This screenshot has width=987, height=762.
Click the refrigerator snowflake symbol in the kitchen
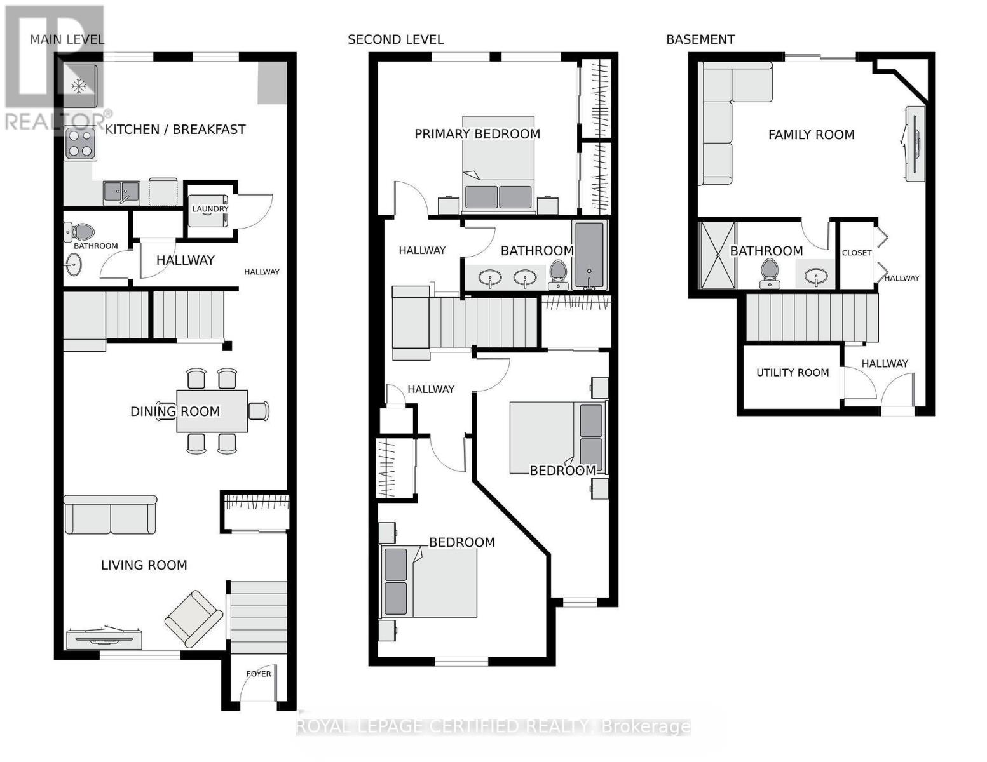pyautogui.click(x=79, y=86)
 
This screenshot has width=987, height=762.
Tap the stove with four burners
pyautogui.click(x=80, y=144)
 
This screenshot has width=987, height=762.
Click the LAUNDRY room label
pyautogui.click(x=210, y=209)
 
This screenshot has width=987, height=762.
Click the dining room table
pyautogui.click(x=212, y=411)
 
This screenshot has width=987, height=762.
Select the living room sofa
pyautogui.click(x=111, y=515)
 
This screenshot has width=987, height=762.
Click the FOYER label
pyautogui.click(x=259, y=674)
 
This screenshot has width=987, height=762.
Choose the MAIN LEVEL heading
pyautogui.click(x=67, y=39)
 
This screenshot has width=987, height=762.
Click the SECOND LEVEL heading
pyautogui.click(x=395, y=39)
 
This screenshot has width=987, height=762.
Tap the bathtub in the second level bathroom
pyautogui.click(x=590, y=255)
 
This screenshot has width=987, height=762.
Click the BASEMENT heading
pyautogui.click(x=700, y=39)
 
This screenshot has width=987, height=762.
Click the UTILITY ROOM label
pyautogui.click(x=792, y=373)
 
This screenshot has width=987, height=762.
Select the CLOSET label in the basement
pyautogui.click(x=856, y=253)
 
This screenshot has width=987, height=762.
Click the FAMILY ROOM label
pyautogui.click(x=811, y=135)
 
